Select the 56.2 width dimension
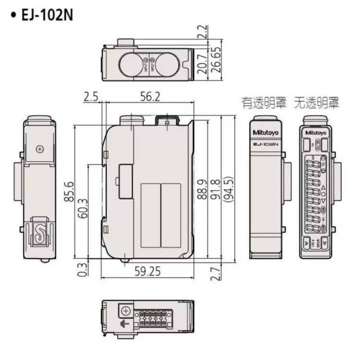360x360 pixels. [150, 96]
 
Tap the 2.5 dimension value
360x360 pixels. [90, 96]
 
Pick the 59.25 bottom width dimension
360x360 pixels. [147, 272]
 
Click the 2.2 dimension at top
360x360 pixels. [203, 32]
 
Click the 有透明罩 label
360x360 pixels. [264, 102]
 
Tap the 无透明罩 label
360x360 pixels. [317, 102]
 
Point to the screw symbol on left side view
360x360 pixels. [40, 149]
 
